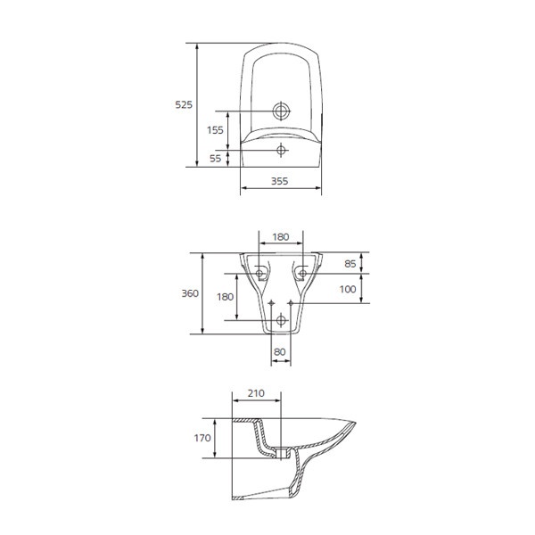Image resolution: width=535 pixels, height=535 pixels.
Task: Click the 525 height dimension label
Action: (x=184, y=104)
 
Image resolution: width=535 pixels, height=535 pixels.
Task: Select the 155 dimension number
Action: (x=215, y=130)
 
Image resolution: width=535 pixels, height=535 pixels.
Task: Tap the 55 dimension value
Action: (x=215, y=159)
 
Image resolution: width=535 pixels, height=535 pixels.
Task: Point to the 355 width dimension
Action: (x=279, y=181)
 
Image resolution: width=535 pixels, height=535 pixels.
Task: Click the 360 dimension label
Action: (x=190, y=293)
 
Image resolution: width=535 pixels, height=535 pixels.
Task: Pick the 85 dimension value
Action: (x=350, y=264)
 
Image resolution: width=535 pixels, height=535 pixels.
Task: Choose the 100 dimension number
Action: (x=348, y=289)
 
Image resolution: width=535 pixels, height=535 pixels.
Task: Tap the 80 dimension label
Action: (x=280, y=352)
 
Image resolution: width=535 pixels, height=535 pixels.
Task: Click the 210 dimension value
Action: (x=256, y=393)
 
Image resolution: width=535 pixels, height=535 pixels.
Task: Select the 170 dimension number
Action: (x=202, y=438)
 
